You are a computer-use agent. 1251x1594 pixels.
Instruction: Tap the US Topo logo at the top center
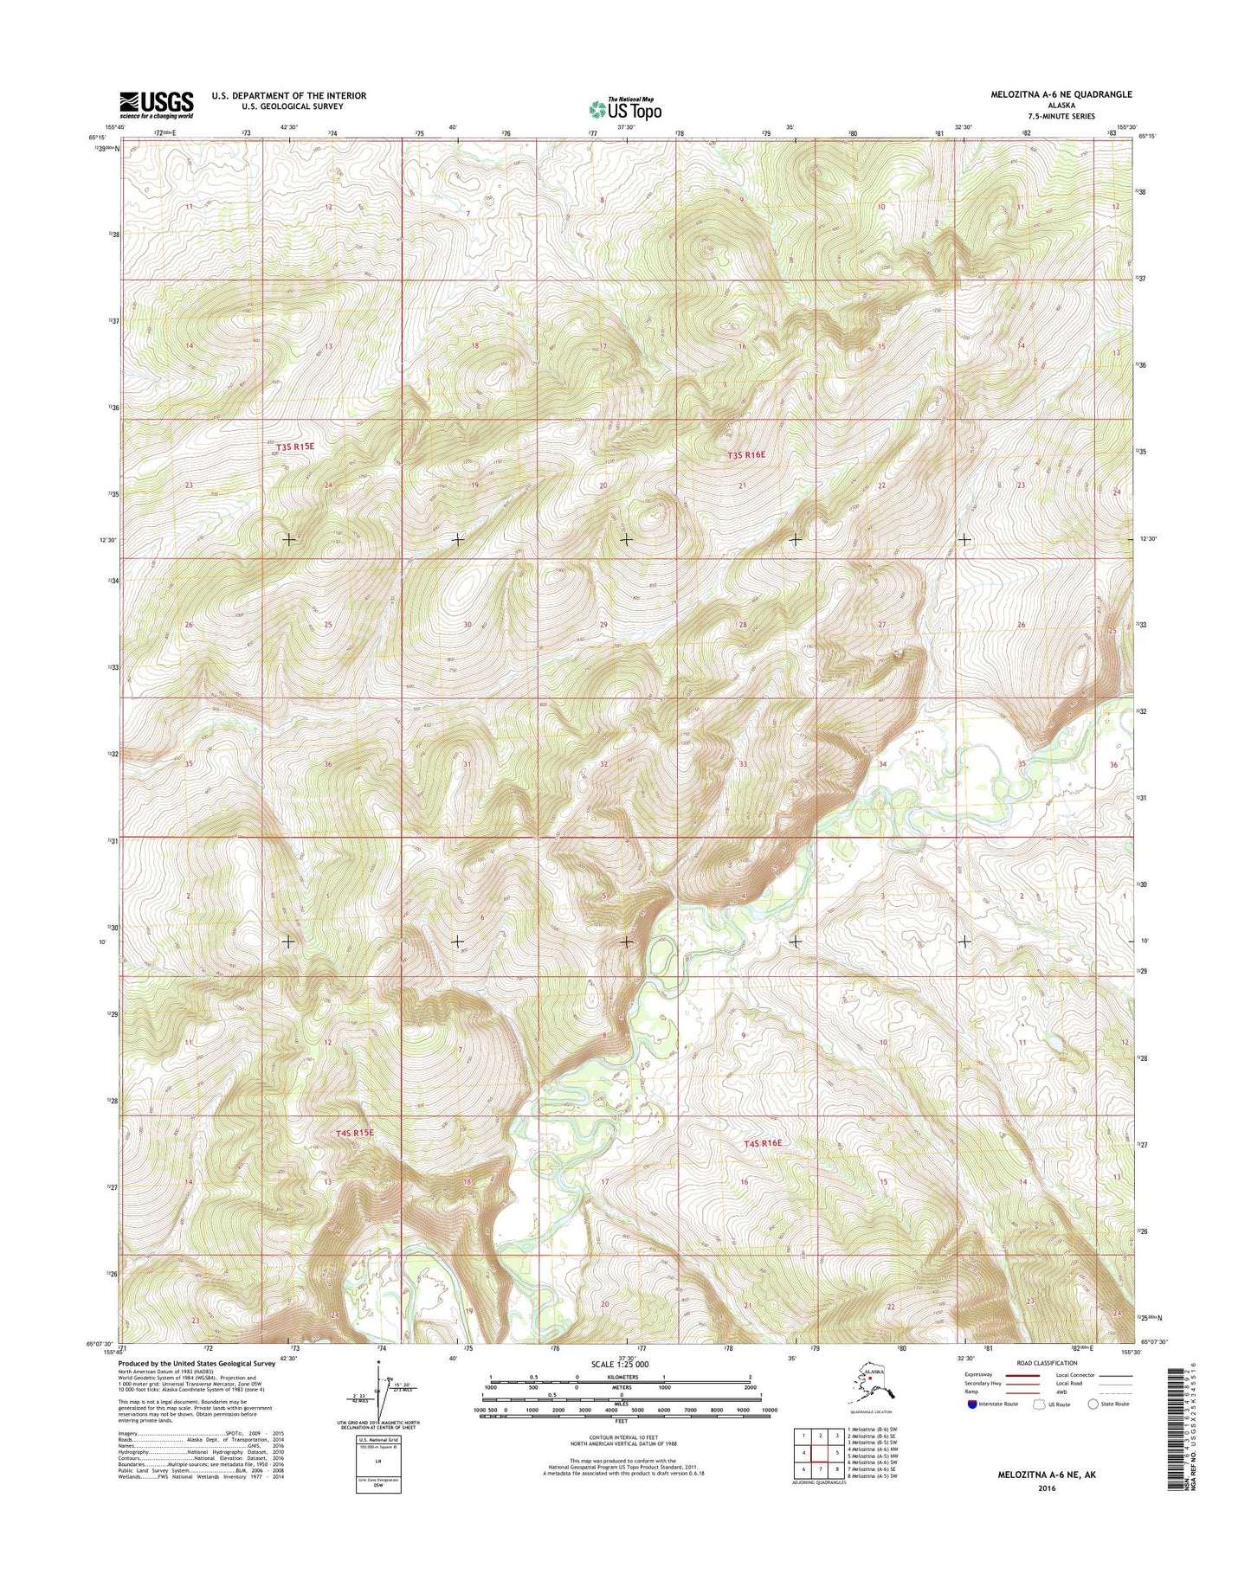click(x=625, y=109)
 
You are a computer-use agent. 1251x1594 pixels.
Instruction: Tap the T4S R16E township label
click(x=764, y=1143)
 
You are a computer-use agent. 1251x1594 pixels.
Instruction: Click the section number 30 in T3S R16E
click(x=468, y=625)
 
